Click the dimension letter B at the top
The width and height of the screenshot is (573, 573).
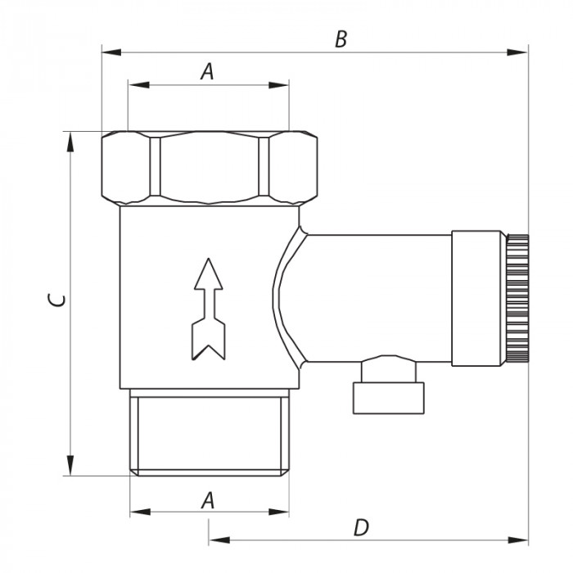coord(341,38)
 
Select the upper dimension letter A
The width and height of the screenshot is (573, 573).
coord(207,71)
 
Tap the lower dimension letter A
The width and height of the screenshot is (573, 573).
coord(208,499)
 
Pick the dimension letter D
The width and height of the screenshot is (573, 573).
coord(361,528)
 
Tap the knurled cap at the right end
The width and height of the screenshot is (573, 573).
coord(517,299)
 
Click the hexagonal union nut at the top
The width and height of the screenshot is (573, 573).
coord(209,167)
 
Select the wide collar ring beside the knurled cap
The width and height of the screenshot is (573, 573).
coord(479,298)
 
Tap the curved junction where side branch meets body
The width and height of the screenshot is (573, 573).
coord(286,299)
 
